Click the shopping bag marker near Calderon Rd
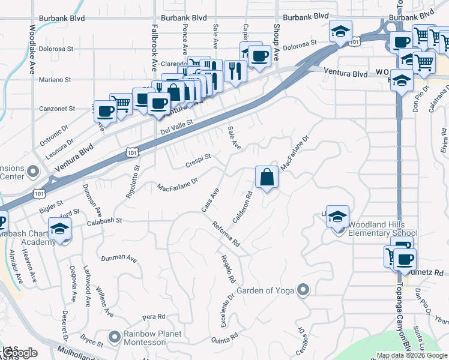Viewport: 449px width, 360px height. tap(267, 178)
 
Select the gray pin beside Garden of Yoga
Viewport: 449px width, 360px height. tap(303, 291)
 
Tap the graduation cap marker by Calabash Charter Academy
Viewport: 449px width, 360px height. tap(60, 229)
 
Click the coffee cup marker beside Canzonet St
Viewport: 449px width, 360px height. tap(106, 111)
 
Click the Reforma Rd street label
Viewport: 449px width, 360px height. tap(226, 234)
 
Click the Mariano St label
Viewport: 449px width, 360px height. tap(55, 79)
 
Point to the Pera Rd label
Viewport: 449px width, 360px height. tap(154, 316)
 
